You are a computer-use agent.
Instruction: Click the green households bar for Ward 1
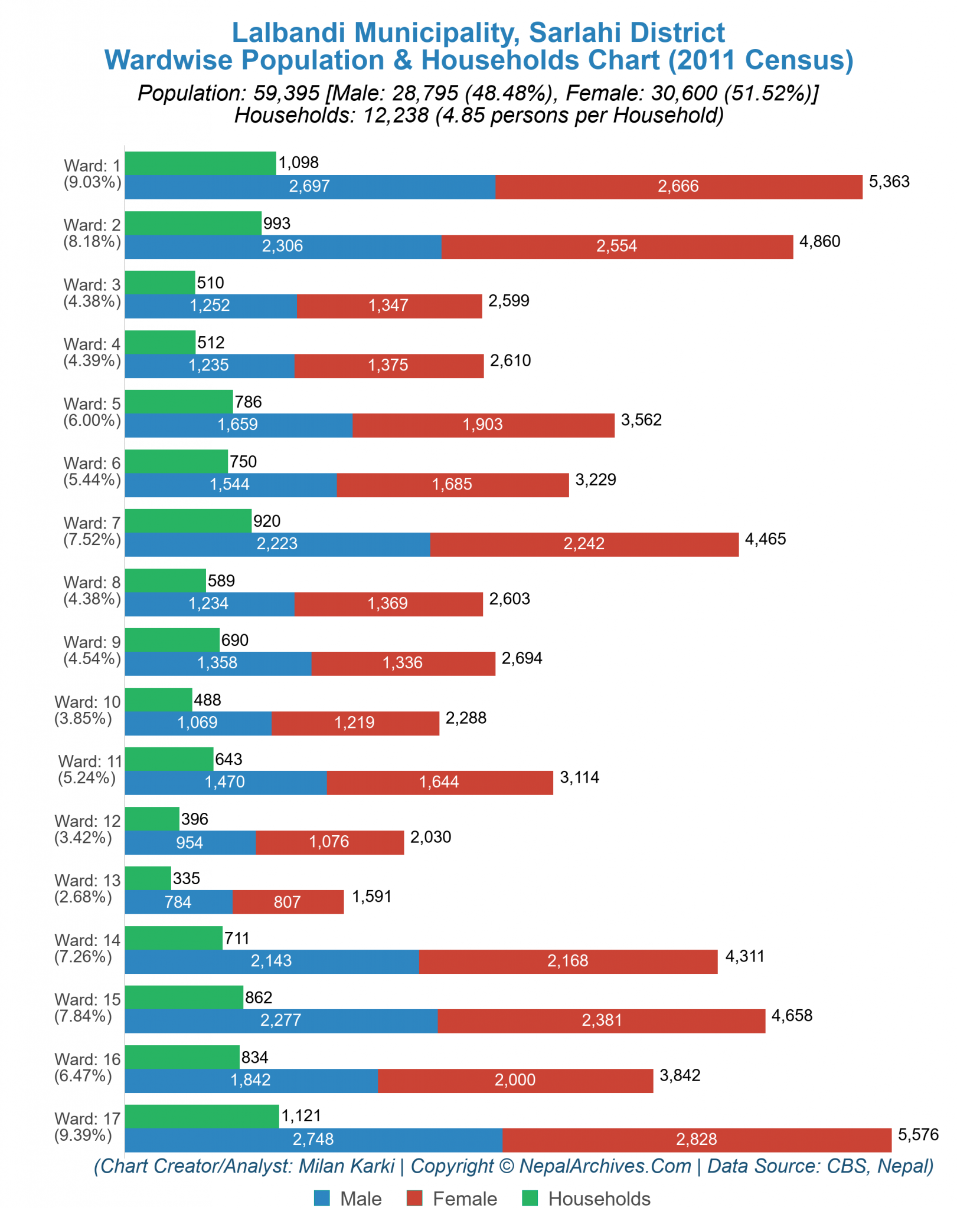[200, 163]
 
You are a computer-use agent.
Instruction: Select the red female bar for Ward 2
[617, 247]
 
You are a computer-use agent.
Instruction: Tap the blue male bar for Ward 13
[178, 902]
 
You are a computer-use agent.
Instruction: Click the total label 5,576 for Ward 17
[918, 1134]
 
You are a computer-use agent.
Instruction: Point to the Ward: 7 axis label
[92, 523]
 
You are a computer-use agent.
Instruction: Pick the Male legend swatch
[322, 1199]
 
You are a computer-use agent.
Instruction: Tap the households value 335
[187, 878]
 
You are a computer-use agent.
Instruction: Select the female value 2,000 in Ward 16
[515, 1080]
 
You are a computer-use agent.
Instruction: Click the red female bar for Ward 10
[355, 723]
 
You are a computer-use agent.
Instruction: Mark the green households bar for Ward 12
[152, 819]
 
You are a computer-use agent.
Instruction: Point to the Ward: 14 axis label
[87, 940]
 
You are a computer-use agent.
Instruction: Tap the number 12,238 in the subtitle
[396, 115]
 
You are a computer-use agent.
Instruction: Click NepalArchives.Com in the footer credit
[605, 1166]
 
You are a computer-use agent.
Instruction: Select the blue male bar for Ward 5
[239, 425]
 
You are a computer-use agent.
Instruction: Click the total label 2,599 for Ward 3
[509, 301]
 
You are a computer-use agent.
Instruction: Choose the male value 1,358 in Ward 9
[217, 663]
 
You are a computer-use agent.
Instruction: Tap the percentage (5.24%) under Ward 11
[87, 778]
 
